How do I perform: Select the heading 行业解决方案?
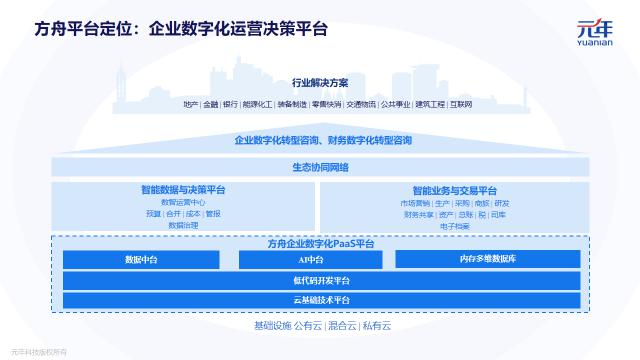(x=320, y=83)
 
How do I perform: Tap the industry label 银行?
(x=230, y=103)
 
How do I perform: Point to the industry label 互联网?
(x=461, y=103)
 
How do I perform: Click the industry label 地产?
(x=190, y=103)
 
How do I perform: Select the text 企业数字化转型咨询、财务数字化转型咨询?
(x=320, y=141)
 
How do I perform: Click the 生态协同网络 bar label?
(x=320, y=167)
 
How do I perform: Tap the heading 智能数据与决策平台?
(x=183, y=190)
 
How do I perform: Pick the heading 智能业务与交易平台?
(x=454, y=190)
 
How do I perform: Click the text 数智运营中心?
(x=183, y=202)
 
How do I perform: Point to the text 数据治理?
(x=183, y=226)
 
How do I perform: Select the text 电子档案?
(x=454, y=226)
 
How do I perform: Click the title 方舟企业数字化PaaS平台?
(x=320, y=244)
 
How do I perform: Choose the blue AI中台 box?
(x=308, y=260)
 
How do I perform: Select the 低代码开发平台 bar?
(x=320, y=280)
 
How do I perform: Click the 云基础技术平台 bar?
(x=320, y=300)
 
